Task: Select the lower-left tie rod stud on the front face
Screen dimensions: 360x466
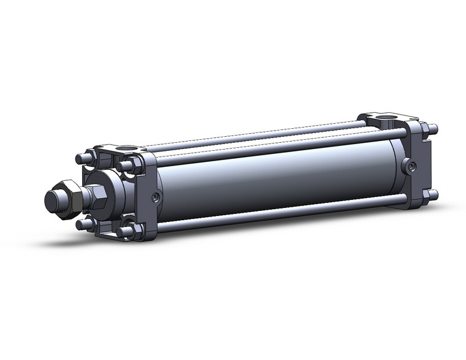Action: [x=82, y=224]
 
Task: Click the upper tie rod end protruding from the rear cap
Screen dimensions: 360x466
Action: [x=433, y=129]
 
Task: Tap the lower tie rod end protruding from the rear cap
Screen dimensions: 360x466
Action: [x=433, y=194]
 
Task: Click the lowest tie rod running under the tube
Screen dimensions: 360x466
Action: [x=270, y=216]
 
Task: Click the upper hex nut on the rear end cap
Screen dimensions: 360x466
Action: [x=423, y=129]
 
